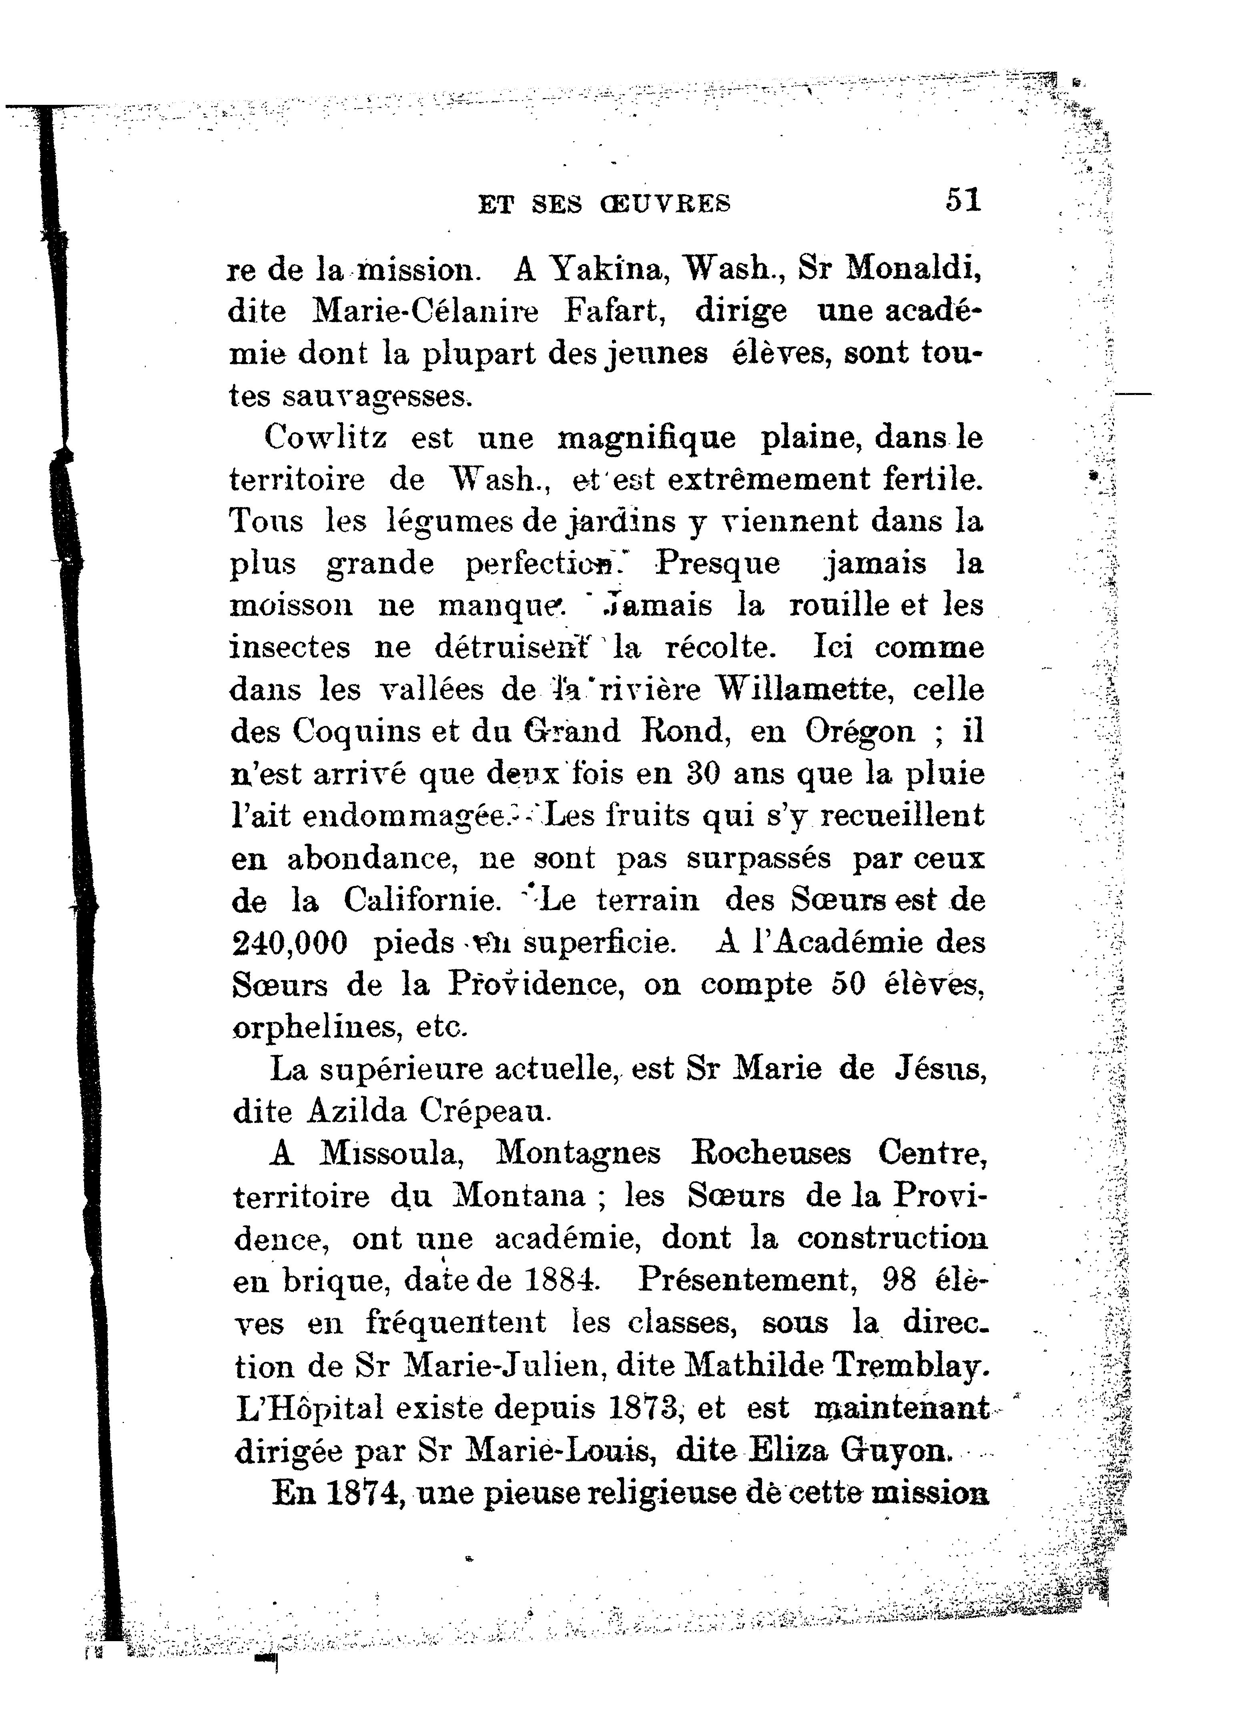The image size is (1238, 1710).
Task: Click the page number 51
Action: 963,200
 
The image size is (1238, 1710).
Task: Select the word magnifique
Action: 646,439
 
